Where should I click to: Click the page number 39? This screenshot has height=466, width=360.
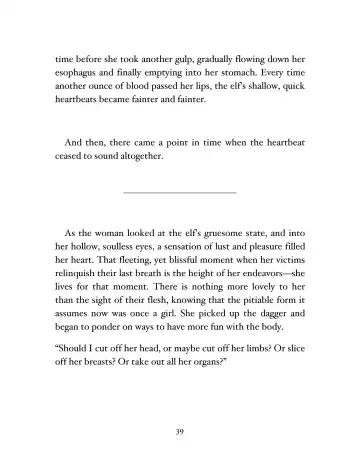click(x=180, y=430)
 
